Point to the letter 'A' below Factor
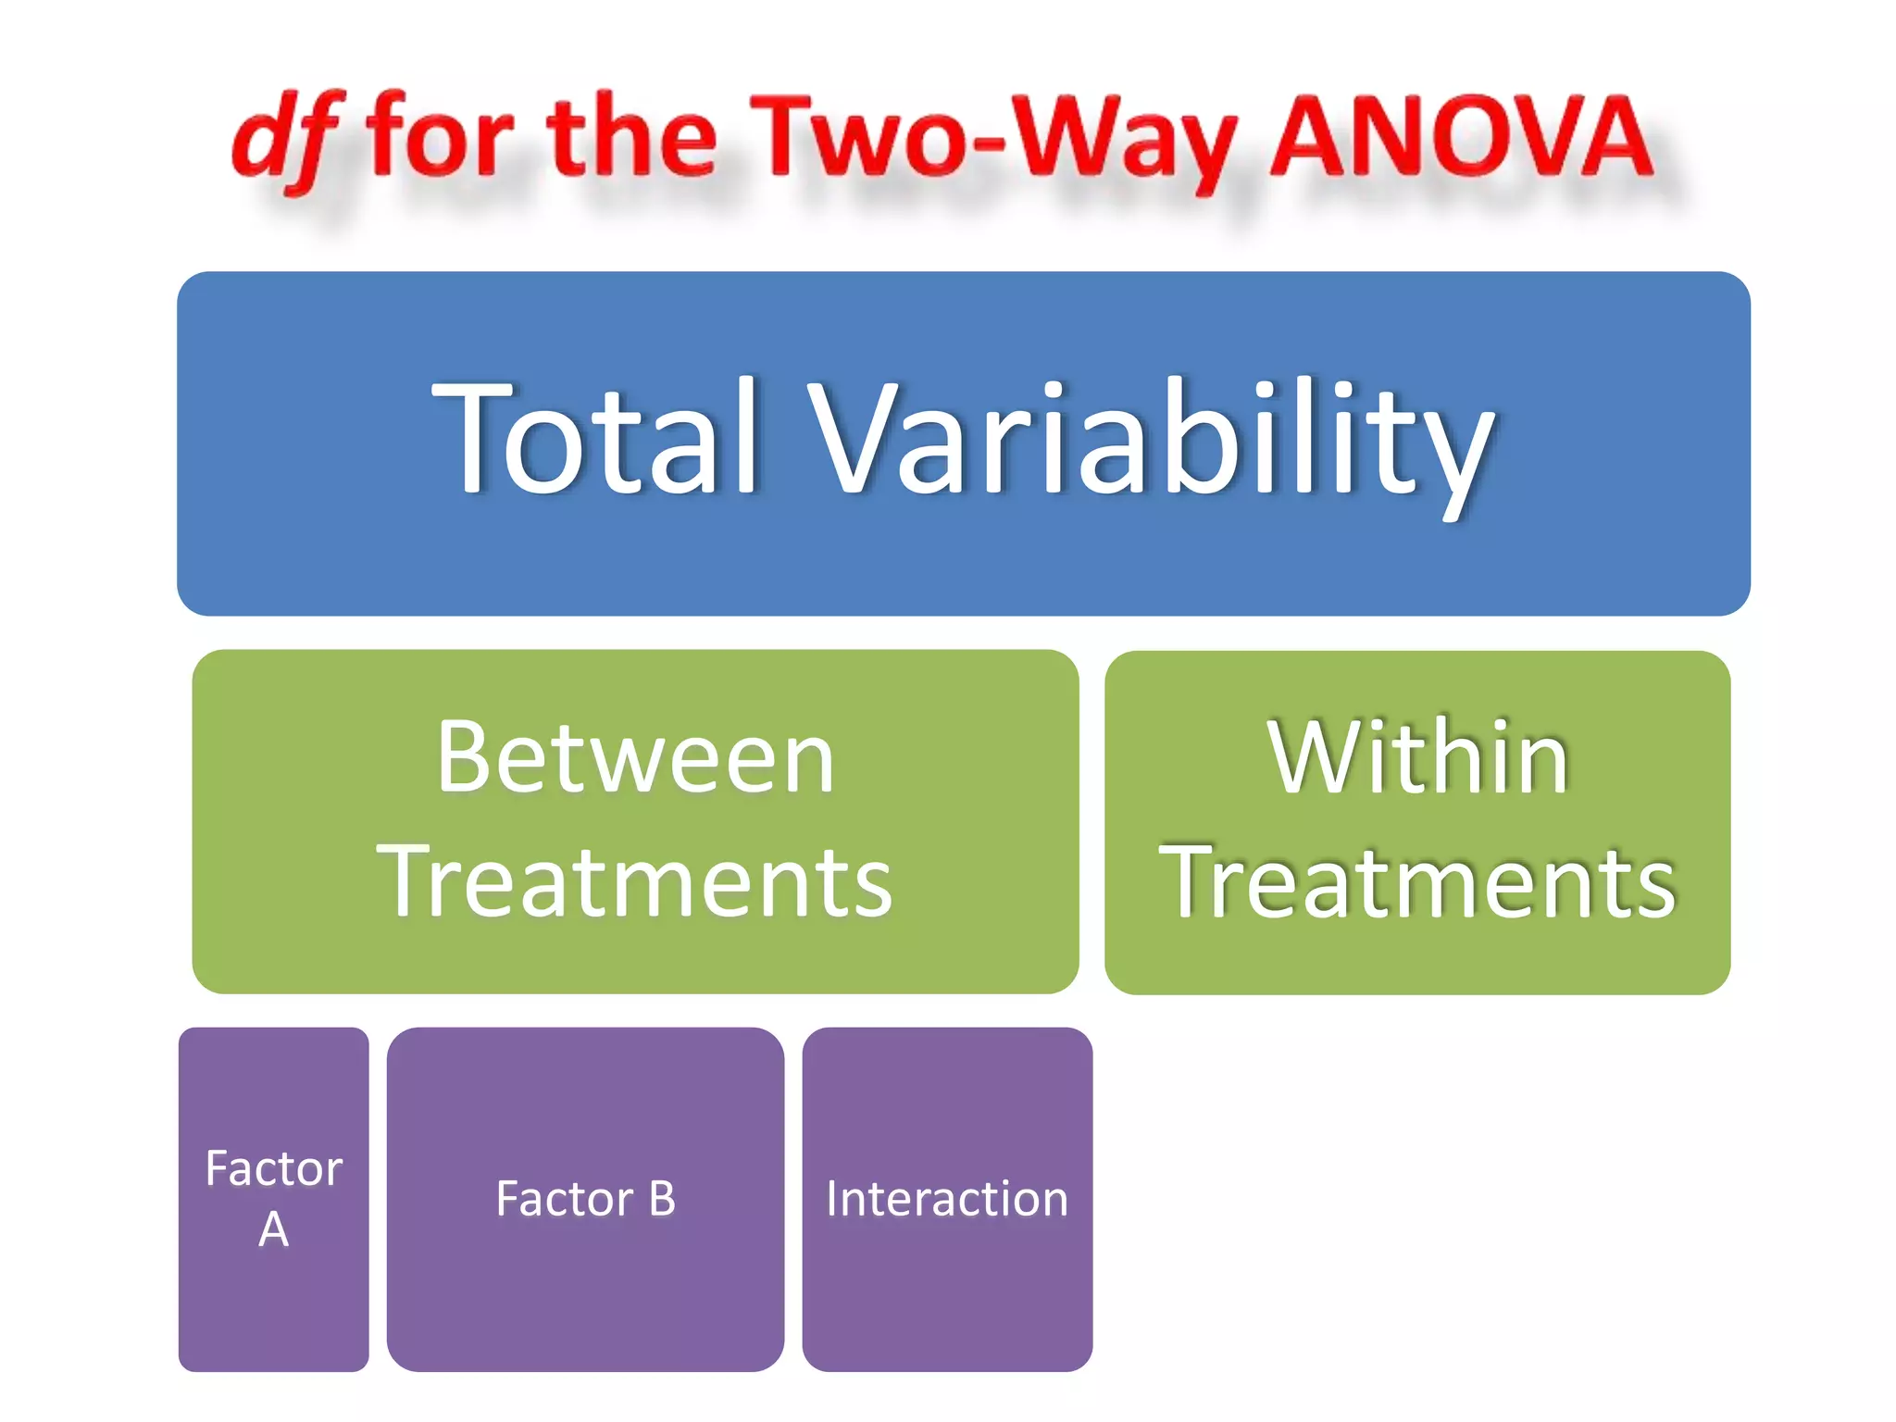(x=274, y=1229)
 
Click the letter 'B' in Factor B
(x=662, y=1199)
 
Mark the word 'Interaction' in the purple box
(x=947, y=1199)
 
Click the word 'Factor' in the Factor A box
(x=274, y=1168)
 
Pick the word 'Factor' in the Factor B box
(x=564, y=1199)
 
